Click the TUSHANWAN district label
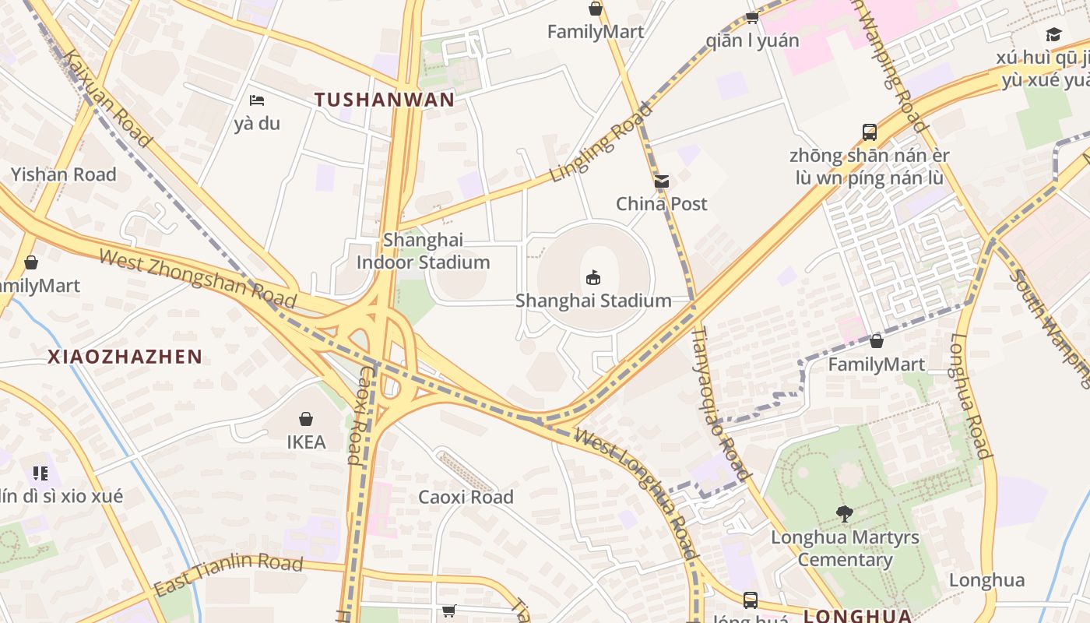pos(385,99)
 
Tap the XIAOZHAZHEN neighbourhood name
pos(125,357)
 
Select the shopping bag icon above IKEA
pos(306,419)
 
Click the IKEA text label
pos(306,442)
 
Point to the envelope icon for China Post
pos(662,181)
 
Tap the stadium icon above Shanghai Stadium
pos(593,277)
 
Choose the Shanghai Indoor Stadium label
pos(423,252)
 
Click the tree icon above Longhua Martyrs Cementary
pos(844,514)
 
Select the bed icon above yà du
pos(257,100)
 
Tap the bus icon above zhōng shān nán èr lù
pos(870,132)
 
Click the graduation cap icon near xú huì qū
pos(1053,34)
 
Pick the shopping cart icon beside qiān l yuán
pos(752,16)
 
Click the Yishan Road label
pos(63,174)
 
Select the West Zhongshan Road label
pos(198,278)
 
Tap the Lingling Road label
pos(600,143)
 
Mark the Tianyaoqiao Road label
pos(721,402)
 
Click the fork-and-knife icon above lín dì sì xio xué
pos(40,473)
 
